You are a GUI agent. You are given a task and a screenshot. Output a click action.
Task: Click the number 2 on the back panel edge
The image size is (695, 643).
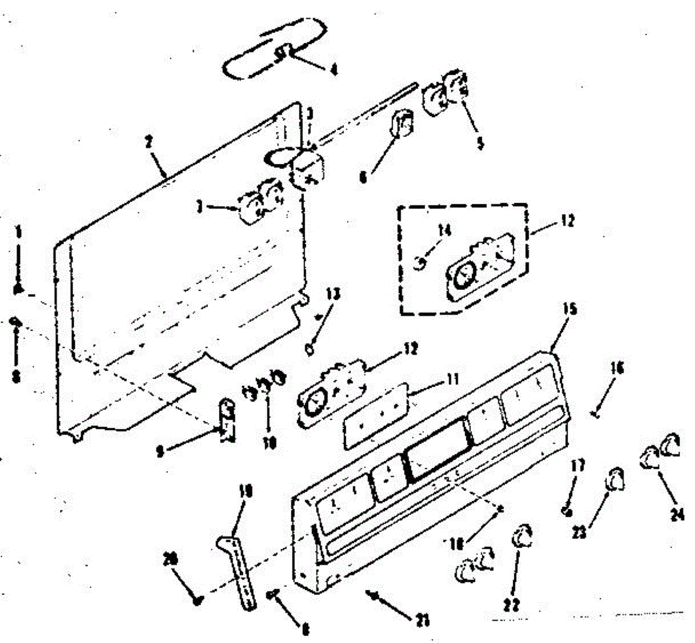150,142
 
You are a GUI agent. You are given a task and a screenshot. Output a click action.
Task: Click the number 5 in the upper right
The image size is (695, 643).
480,143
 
